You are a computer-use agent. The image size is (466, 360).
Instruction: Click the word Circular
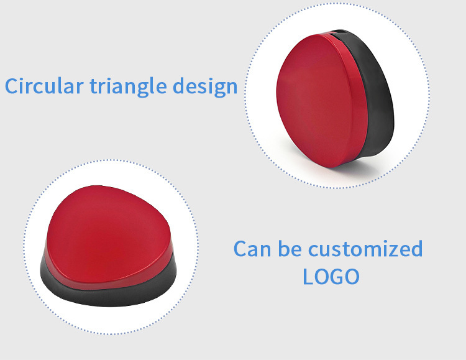point(44,86)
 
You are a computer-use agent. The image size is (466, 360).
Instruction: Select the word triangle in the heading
point(129,87)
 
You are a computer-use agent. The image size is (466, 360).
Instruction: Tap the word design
point(205,87)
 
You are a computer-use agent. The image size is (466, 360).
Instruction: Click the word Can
point(252,249)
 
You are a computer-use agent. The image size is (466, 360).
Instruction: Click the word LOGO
point(331,277)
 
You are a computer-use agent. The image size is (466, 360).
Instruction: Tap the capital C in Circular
point(12,86)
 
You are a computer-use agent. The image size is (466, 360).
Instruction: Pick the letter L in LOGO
point(308,277)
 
